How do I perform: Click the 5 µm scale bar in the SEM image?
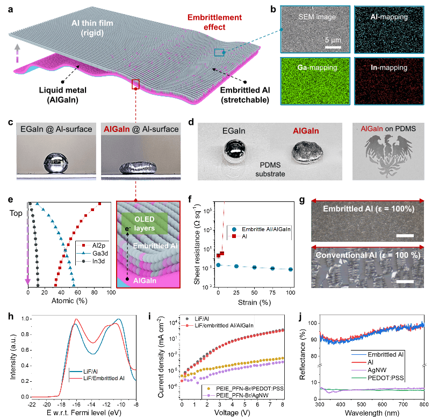point(333,47)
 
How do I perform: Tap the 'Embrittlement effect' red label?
point(214,22)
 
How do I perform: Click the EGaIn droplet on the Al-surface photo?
point(56,163)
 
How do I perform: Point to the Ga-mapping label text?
point(317,67)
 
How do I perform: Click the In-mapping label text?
point(389,67)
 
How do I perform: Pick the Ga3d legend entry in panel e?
point(92,253)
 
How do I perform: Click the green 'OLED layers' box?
point(145,223)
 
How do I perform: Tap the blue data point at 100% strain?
point(290,269)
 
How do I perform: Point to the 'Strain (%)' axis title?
point(254,302)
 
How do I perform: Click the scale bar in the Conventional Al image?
point(405,282)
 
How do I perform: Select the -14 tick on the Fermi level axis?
point(91,404)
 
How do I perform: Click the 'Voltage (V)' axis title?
point(232,412)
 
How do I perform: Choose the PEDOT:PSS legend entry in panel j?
point(378,378)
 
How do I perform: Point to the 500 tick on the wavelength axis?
point(362,404)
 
